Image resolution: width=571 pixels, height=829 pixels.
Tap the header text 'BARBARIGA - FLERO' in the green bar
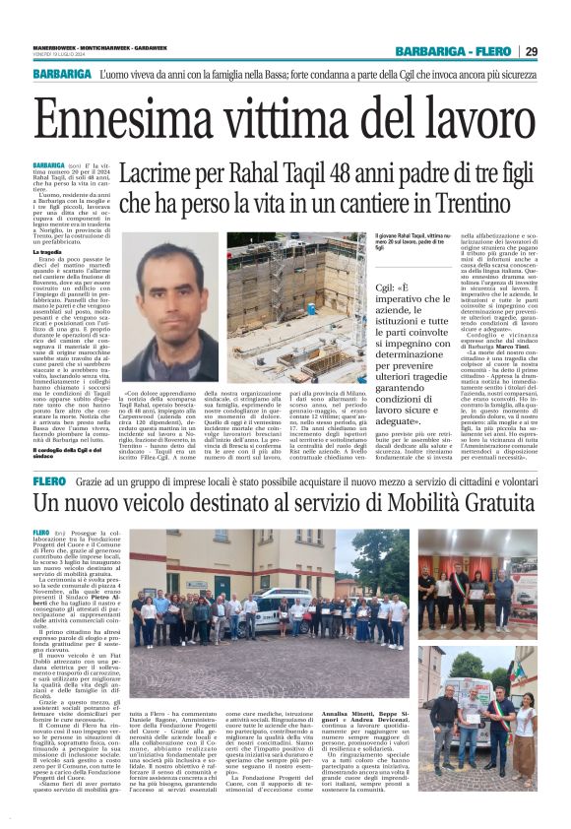tap(453, 51)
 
